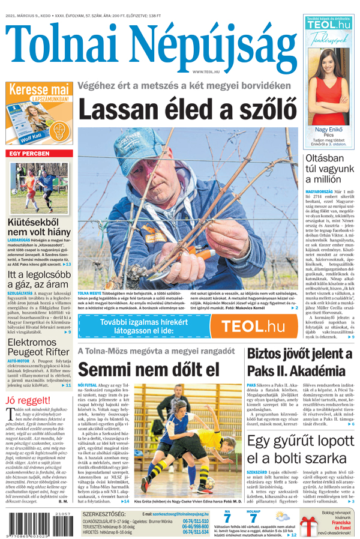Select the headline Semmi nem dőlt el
[149, 369]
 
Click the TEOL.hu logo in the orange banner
[252, 326]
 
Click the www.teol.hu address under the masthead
[204, 72]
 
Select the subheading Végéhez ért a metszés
[188, 86]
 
